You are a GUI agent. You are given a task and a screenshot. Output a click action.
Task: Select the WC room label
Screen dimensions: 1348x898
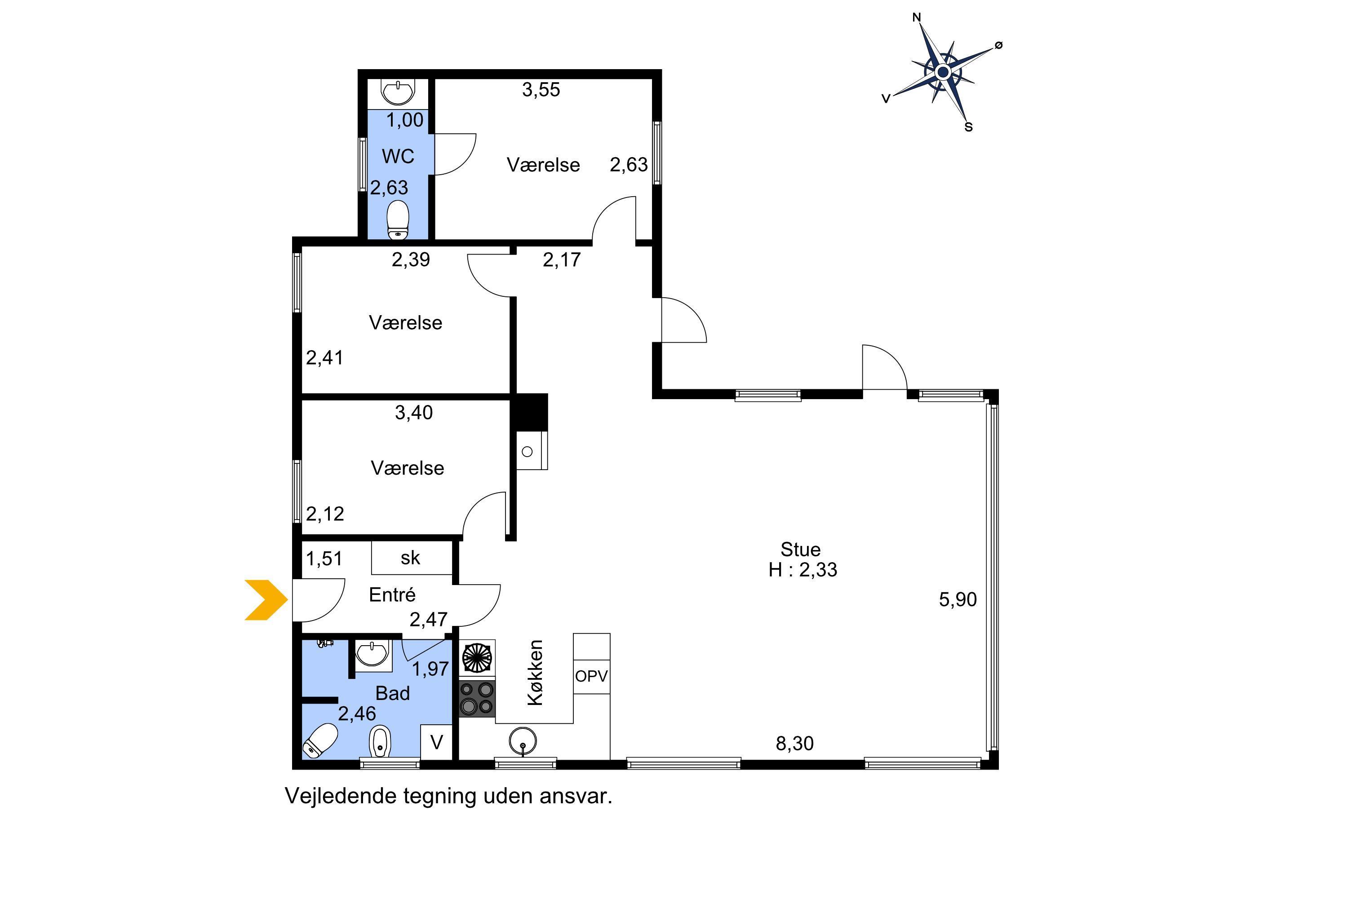pyautogui.click(x=398, y=156)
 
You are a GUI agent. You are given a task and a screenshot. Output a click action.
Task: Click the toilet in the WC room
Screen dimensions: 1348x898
pyautogui.click(x=398, y=220)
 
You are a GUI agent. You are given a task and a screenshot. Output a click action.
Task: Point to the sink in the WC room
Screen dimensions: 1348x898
pyautogui.click(x=398, y=92)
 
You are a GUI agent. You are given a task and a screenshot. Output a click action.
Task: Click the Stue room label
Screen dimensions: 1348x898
pyautogui.click(x=800, y=550)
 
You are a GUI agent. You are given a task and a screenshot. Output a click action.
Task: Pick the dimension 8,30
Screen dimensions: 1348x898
pyautogui.click(x=794, y=744)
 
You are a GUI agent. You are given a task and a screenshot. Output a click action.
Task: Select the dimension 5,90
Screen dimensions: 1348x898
pyautogui.click(x=958, y=599)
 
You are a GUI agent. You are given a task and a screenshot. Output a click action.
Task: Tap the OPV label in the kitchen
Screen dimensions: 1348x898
pyautogui.click(x=591, y=676)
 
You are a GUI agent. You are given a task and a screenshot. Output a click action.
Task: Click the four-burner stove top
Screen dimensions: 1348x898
pyautogui.click(x=477, y=698)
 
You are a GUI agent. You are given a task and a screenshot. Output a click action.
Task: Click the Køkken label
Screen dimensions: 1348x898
pyautogui.click(x=535, y=673)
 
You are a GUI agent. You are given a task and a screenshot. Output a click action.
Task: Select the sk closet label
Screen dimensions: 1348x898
pyautogui.click(x=410, y=558)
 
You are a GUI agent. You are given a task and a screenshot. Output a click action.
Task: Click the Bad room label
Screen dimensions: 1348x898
pyautogui.click(x=393, y=694)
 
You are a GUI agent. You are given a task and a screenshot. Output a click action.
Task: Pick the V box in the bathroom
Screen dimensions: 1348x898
pyautogui.click(x=437, y=742)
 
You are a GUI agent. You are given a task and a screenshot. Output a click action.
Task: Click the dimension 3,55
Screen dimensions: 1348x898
pyautogui.click(x=541, y=90)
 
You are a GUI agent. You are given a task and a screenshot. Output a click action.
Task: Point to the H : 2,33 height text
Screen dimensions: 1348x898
pyautogui.click(x=803, y=570)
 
